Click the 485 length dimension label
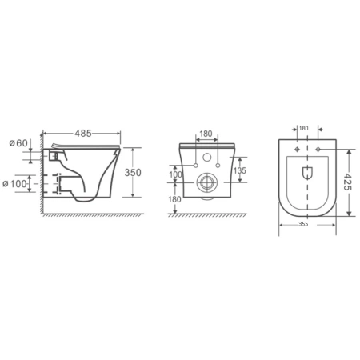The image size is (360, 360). point(83,134)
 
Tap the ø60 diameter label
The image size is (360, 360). point(18,143)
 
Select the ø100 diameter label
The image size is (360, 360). point(14,184)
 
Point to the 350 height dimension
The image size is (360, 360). point(133,173)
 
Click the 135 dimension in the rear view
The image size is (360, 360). point(240,170)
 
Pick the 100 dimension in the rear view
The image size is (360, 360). point(175,174)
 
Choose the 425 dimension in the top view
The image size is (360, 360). point(346,182)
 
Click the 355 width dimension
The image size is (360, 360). point(303,224)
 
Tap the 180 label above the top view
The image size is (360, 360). point(303,128)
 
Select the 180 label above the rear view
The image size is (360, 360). point(206,134)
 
